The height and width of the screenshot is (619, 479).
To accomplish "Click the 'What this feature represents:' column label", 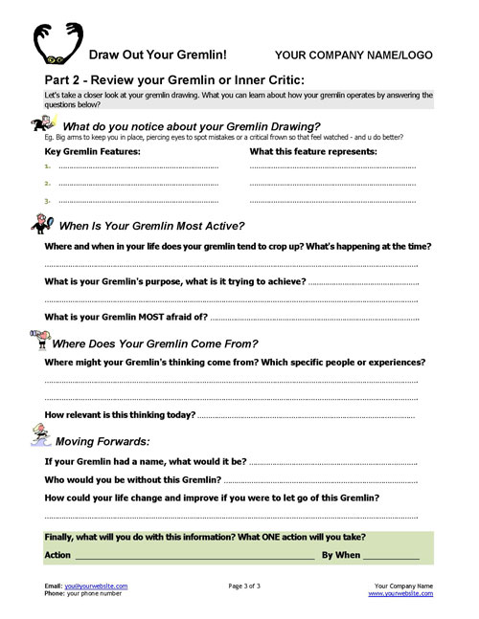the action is pyautogui.click(x=312, y=151).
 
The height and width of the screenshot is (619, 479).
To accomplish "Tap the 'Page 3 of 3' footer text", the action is pyautogui.click(x=252, y=586).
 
